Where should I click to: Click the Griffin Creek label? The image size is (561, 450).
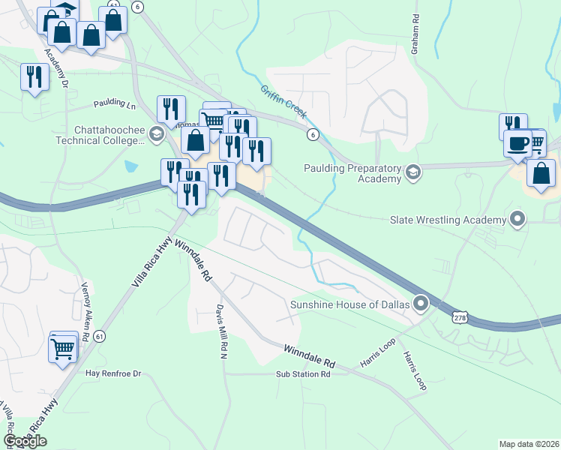(284, 101)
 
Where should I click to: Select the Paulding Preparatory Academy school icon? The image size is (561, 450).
(412, 173)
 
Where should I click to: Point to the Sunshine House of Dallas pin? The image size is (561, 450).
(421, 304)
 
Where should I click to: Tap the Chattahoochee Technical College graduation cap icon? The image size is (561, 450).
(156, 135)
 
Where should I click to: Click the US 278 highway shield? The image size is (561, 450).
(459, 318)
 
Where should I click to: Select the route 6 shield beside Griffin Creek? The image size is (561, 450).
(312, 133)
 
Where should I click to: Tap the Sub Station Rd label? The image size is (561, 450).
(303, 373)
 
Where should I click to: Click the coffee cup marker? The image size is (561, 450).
(517, 142)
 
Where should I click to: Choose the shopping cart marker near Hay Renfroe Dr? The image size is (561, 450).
(63, 346)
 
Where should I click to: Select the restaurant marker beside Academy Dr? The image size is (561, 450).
(34, 77)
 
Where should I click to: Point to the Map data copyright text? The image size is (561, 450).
(529, 444)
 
